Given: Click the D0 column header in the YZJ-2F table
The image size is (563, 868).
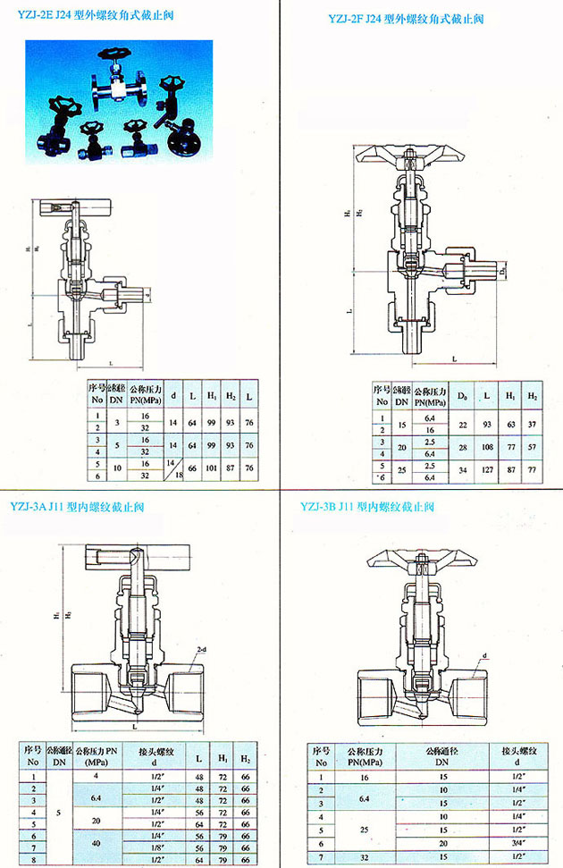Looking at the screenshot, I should (x=462, y=395).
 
